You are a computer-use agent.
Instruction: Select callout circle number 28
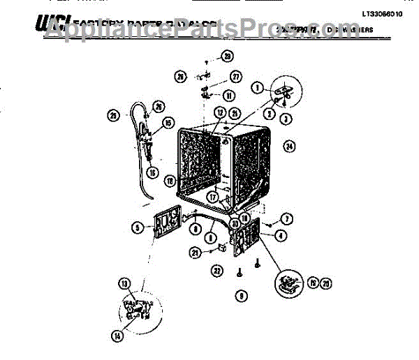pos(227,56)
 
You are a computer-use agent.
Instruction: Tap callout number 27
pos(235,77)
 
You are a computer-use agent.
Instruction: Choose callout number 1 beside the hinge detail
pos(258,88)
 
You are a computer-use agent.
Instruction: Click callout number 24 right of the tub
pos(288,146)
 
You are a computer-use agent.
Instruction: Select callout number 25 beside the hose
pos(112,115)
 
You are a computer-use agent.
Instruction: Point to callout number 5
pos(138,227)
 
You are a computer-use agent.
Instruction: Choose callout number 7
pos(286,219)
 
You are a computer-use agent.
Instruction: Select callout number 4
pos(279,236)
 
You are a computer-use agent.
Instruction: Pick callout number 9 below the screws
pos(240,296)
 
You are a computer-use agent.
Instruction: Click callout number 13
pos(124,283)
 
